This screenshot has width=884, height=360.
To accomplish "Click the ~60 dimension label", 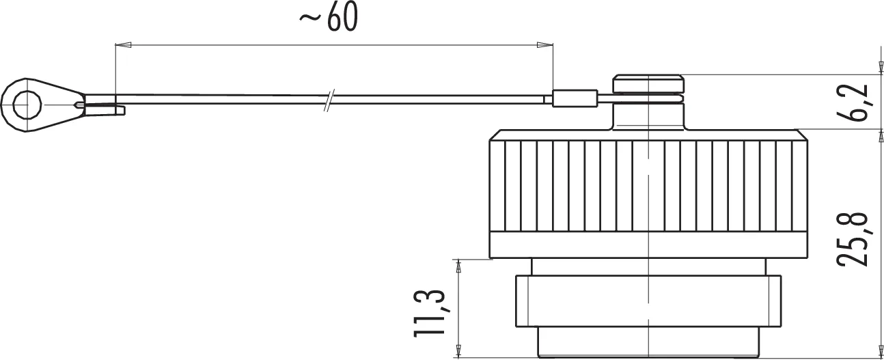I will click(x=329, y=19).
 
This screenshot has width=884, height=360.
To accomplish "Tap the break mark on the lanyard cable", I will click(x=329, y=100).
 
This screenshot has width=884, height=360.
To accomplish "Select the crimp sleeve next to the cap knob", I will click(x=573, y=100).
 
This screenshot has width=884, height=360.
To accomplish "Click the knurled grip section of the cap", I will click(x=648, y=184).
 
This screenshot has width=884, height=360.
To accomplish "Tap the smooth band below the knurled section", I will click(x=648, y=245).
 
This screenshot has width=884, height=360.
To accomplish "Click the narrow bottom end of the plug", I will click(x=648, y=341).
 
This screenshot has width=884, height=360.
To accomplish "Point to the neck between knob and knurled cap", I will click(x=648, y=116).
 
